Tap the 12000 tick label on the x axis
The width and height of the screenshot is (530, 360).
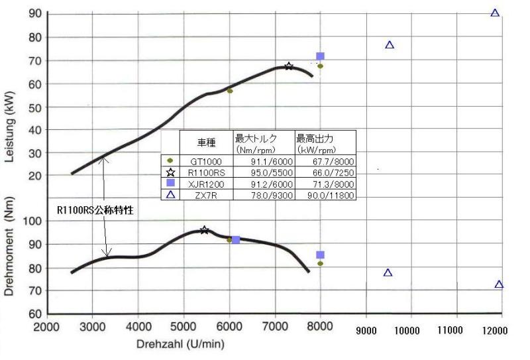[x=498, y=330]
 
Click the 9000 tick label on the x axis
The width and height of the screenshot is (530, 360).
[x=366, y=330]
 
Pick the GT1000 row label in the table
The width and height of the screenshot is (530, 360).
[x=206, y=161]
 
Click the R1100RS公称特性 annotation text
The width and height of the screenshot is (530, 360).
[x=94, y=210]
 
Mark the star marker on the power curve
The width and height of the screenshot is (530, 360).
[x=289, y=66]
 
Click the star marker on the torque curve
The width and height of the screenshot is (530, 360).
[x=204, y=230]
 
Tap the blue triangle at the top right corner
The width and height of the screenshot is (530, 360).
[x=495, y=13]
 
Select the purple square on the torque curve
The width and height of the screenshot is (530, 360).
[x=235, y=240]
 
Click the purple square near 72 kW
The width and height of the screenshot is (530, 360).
[x=320, y=56]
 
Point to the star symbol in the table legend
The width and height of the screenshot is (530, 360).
[x=171, y=172]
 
